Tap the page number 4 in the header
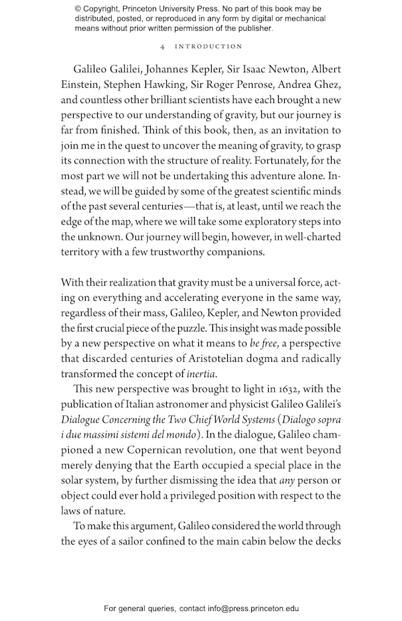(x=163, y=46)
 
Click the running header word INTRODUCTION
(x=208, y=46)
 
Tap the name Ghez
(x=324, y=84)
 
